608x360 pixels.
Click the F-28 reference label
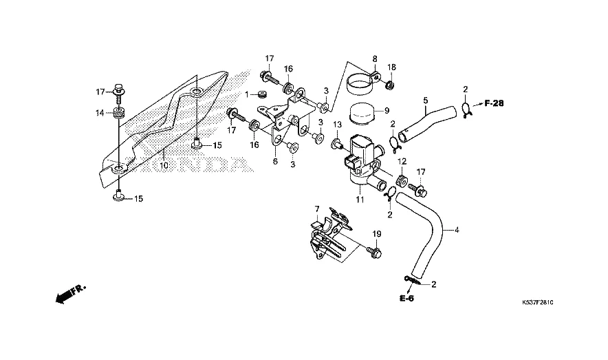(494, 103)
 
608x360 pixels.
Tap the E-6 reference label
(406, 298)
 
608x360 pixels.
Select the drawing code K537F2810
(537, 302)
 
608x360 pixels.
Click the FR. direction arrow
(70, 294)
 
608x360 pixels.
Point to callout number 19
(376, 234)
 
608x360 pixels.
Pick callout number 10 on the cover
(164, 166)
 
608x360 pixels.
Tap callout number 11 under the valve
(360, 200)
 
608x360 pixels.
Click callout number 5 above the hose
(425, 100)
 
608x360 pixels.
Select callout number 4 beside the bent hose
(457, 230)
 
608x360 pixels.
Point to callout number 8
(375, 59)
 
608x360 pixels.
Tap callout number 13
(337, 125)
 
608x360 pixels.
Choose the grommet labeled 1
(261, 94)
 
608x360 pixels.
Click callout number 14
(100, 113)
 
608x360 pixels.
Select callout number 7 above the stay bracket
(316, 209)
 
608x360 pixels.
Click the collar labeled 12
(402, 181)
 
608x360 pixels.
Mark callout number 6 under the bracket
(275, 161)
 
